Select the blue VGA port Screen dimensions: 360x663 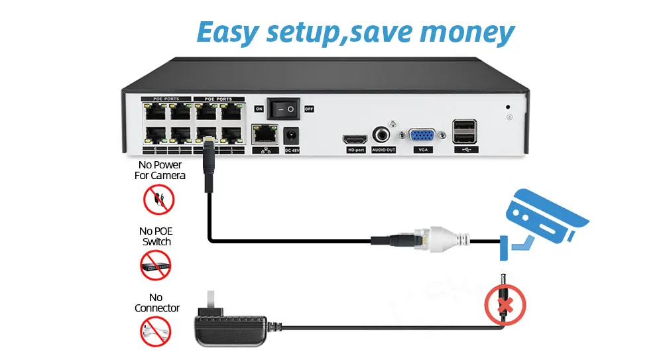[x=422, y=136]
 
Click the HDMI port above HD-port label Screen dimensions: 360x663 [x=354, y=141]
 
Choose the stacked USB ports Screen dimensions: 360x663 [x=463, y=131]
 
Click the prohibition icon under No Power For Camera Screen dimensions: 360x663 [x=159, y=200]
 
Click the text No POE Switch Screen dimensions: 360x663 [x=156, y=236]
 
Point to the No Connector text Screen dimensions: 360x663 [x=157, y=302]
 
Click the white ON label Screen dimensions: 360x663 [x=259, y=108]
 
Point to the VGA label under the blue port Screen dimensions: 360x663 [x=422, y=150]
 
